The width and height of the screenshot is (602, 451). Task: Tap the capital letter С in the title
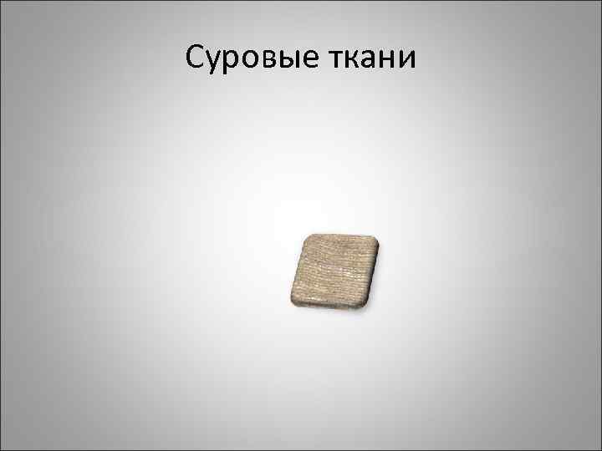tap(195, 58)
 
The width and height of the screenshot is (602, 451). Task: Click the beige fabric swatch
tap(334, 270)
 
